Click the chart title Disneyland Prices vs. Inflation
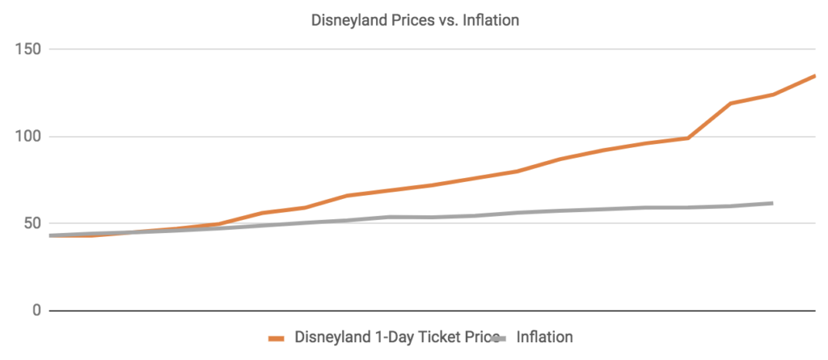[x=415, y=21]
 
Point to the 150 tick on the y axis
[x=30, y=49]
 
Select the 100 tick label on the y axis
[x=30, y=137]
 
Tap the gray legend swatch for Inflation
[x=499, y=337]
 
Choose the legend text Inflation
[x=544, y=337]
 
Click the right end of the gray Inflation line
[x=772, y=203]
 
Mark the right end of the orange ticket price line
[x=814, y=76]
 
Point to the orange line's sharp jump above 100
[x=710, y=121]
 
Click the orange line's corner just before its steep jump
[x=688, y=138]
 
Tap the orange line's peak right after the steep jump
[x=731, y=104]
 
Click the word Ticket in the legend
[x=437, y=337]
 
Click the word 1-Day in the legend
[x=391, y=337]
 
